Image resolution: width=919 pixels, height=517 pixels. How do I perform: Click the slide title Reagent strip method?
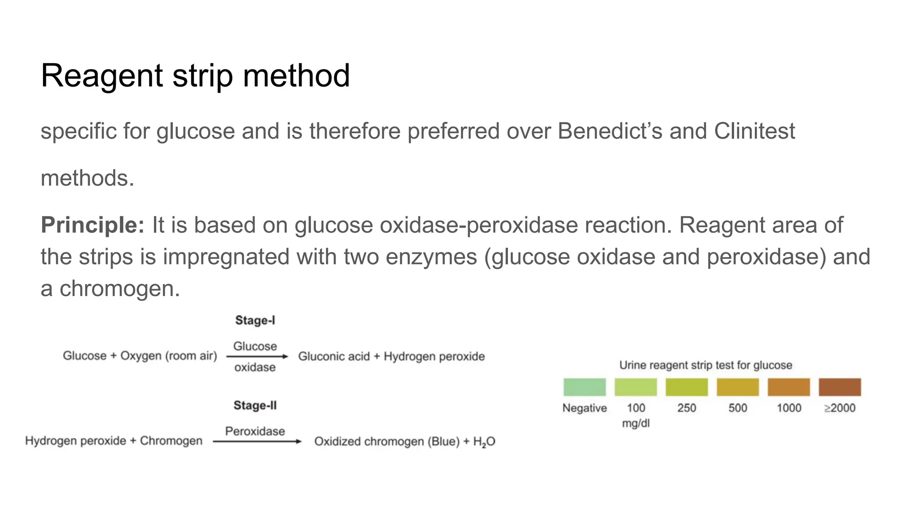tap(195, 75)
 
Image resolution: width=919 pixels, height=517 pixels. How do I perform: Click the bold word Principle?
tap(92, 225)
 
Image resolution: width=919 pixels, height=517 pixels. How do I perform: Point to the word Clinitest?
tap(754, 131)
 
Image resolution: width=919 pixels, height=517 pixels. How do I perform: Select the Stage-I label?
tap(255, 320)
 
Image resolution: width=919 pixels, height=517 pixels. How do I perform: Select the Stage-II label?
tap(255, 406)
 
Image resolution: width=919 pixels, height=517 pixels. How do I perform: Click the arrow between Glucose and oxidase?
tap(257, 357)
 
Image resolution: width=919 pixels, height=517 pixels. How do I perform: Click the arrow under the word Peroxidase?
tap(257, 442)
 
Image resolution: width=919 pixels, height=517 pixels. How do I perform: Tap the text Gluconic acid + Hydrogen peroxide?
tap(391, 356)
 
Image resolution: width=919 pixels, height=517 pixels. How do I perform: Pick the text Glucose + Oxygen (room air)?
tap(140, 356)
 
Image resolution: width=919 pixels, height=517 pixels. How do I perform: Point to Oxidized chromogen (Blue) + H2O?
tap(404, 442)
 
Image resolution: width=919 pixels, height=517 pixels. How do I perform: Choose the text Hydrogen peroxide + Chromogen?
tap(114, 441)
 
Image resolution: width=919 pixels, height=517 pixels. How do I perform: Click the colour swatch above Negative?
tap(584, 387)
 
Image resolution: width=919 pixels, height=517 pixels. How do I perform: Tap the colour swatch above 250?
tap(687, 387)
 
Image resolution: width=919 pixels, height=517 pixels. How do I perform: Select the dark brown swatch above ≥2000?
tap(840, 387)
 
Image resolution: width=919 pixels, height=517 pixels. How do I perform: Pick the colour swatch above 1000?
tap(788, 387)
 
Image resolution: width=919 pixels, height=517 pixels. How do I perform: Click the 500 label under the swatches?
tap(738, 408)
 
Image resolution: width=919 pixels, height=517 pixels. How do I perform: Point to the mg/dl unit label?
tap(635, 423)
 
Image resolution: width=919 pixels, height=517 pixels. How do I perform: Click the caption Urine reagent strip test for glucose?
tap(705, 365)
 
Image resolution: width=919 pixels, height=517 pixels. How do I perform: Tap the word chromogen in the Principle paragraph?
tap(119, 289)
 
